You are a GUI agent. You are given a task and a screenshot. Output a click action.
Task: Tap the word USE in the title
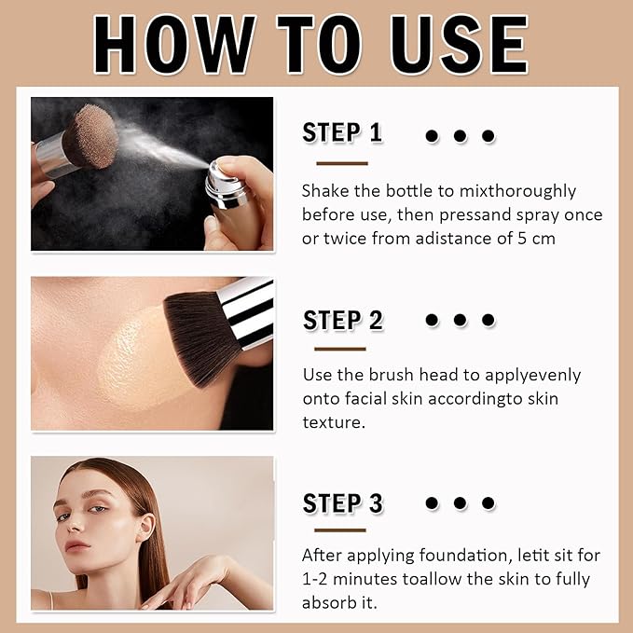pyautogui.click(x=461, y=44)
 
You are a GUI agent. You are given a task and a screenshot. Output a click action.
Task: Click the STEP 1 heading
pyautogui.click(x=342, y=133)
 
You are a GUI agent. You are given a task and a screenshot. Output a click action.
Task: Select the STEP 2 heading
pyautogui.click(x=342, y=321)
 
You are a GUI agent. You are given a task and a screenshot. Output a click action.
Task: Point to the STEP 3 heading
pyautogui.click(x=342, y=504)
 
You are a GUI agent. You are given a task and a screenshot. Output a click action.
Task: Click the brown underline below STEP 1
pyautogui.click(x=340, y=163)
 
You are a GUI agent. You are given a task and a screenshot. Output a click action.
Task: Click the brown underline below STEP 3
pyautogui.click(x=340, y=530)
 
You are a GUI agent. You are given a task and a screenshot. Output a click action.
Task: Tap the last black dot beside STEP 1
pyautogui.click(x=488, y=136)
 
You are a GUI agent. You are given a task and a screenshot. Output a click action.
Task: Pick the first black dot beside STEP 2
pyautogui.click(x=432, y=320)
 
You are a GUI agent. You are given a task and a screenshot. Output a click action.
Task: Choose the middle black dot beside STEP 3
pyautogui.click(x=460, y=503)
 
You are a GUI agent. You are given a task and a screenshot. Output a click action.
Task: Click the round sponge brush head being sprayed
pyautogui.click(x=90, y=135)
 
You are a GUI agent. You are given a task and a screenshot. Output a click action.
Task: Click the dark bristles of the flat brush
pyautogui.click(x=200, y=336)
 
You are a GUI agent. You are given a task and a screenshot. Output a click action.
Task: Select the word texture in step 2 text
pyautogui.click(x=331, y=421)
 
